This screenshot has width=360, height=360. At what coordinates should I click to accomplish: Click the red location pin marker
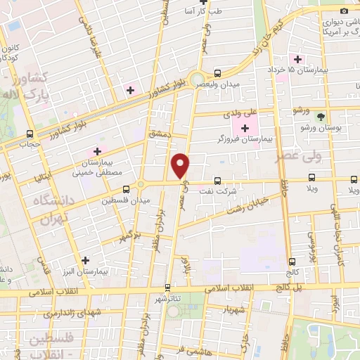[x=181, y=165]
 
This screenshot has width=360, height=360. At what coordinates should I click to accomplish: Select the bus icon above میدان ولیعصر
[x=217, y=72]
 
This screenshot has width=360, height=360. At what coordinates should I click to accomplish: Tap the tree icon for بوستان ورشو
[x=321, y=116]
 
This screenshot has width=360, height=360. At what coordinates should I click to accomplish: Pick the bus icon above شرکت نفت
[x=217, y=180]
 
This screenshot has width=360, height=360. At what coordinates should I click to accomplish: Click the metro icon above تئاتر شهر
[x=167, y=287]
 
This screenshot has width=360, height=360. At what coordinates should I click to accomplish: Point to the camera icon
[x=344, y=10]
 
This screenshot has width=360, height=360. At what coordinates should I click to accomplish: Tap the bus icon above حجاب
[x=30, y=134]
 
